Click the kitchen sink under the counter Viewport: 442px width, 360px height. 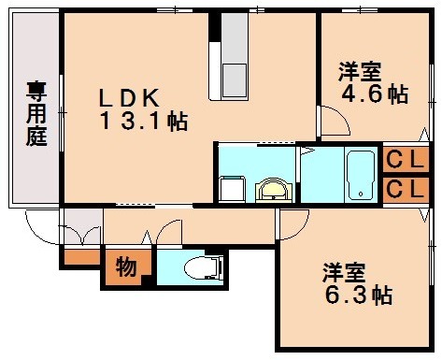click(x=233, y=74)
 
